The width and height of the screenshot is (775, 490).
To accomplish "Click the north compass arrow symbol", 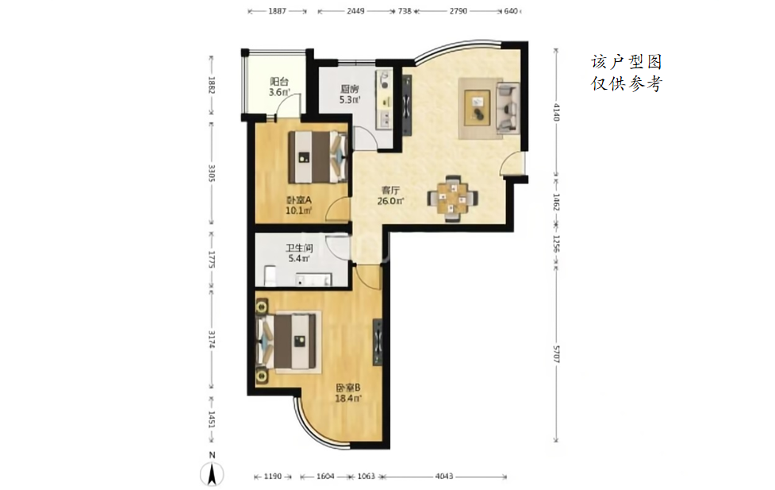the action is click(212, 474).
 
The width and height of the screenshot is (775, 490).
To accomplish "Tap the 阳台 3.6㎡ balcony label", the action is click(279, 87).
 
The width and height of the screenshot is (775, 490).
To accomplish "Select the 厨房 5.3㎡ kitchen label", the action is click(350, 95).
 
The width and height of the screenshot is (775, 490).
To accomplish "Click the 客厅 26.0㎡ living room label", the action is click(390, 195).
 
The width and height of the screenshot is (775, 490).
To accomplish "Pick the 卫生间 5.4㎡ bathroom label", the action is click(299, 253).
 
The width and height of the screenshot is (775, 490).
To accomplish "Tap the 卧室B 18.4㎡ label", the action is click(348, 393).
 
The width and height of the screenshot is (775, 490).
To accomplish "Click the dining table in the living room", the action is click(452, 199).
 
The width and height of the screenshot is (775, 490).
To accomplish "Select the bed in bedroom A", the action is click(318, 156).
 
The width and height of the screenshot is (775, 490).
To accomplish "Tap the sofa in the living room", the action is click(508, 108).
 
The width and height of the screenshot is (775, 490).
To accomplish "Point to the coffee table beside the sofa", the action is click(478, 108).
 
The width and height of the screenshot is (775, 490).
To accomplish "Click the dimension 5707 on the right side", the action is click(556, 354).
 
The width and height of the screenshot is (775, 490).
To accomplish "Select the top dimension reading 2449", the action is click(355, 11).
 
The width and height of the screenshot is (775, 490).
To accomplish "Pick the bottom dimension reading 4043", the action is click(444, 476).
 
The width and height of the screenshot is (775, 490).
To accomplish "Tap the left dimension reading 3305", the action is click(211, 174).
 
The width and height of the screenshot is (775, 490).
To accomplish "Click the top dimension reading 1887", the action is click(278, 11).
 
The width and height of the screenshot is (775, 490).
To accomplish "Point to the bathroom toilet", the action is click(270, 276).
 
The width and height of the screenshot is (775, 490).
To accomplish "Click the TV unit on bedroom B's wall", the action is click(378, 341).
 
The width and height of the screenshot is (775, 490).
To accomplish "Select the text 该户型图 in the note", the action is click(626, 62).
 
